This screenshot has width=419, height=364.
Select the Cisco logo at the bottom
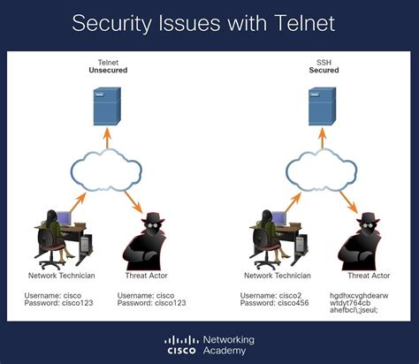(x=181, y=345)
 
